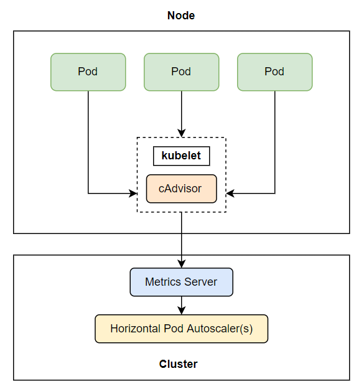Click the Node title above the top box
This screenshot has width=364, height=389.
coord(181,16)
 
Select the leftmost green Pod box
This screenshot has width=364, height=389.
coord(88,72)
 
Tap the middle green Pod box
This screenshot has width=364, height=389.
coord(182,72)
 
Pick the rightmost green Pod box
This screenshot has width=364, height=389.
coord(275,72)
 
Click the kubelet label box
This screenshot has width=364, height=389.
coord(182,156)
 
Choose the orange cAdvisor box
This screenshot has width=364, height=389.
coord(182,189)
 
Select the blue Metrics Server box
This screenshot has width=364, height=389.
coord(182,282)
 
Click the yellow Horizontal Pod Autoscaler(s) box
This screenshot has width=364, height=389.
coord(182,329)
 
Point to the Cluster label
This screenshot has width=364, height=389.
coord(179,364)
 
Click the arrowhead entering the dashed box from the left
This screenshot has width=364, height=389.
coord(133,194)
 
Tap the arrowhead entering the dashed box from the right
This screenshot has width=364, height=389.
coord(230,194)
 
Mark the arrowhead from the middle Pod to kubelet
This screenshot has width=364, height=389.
coord(182,133)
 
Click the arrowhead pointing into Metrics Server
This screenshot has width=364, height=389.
coord(182,264)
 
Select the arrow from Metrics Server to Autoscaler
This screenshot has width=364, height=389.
coord(182,306)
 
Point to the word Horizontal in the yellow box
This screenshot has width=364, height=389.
coord(136,329)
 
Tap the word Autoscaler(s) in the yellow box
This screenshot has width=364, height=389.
coord(220,329)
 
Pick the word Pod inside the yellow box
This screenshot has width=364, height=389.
coord(174,329)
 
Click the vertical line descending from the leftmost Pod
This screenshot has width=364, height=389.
coord(88,142)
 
